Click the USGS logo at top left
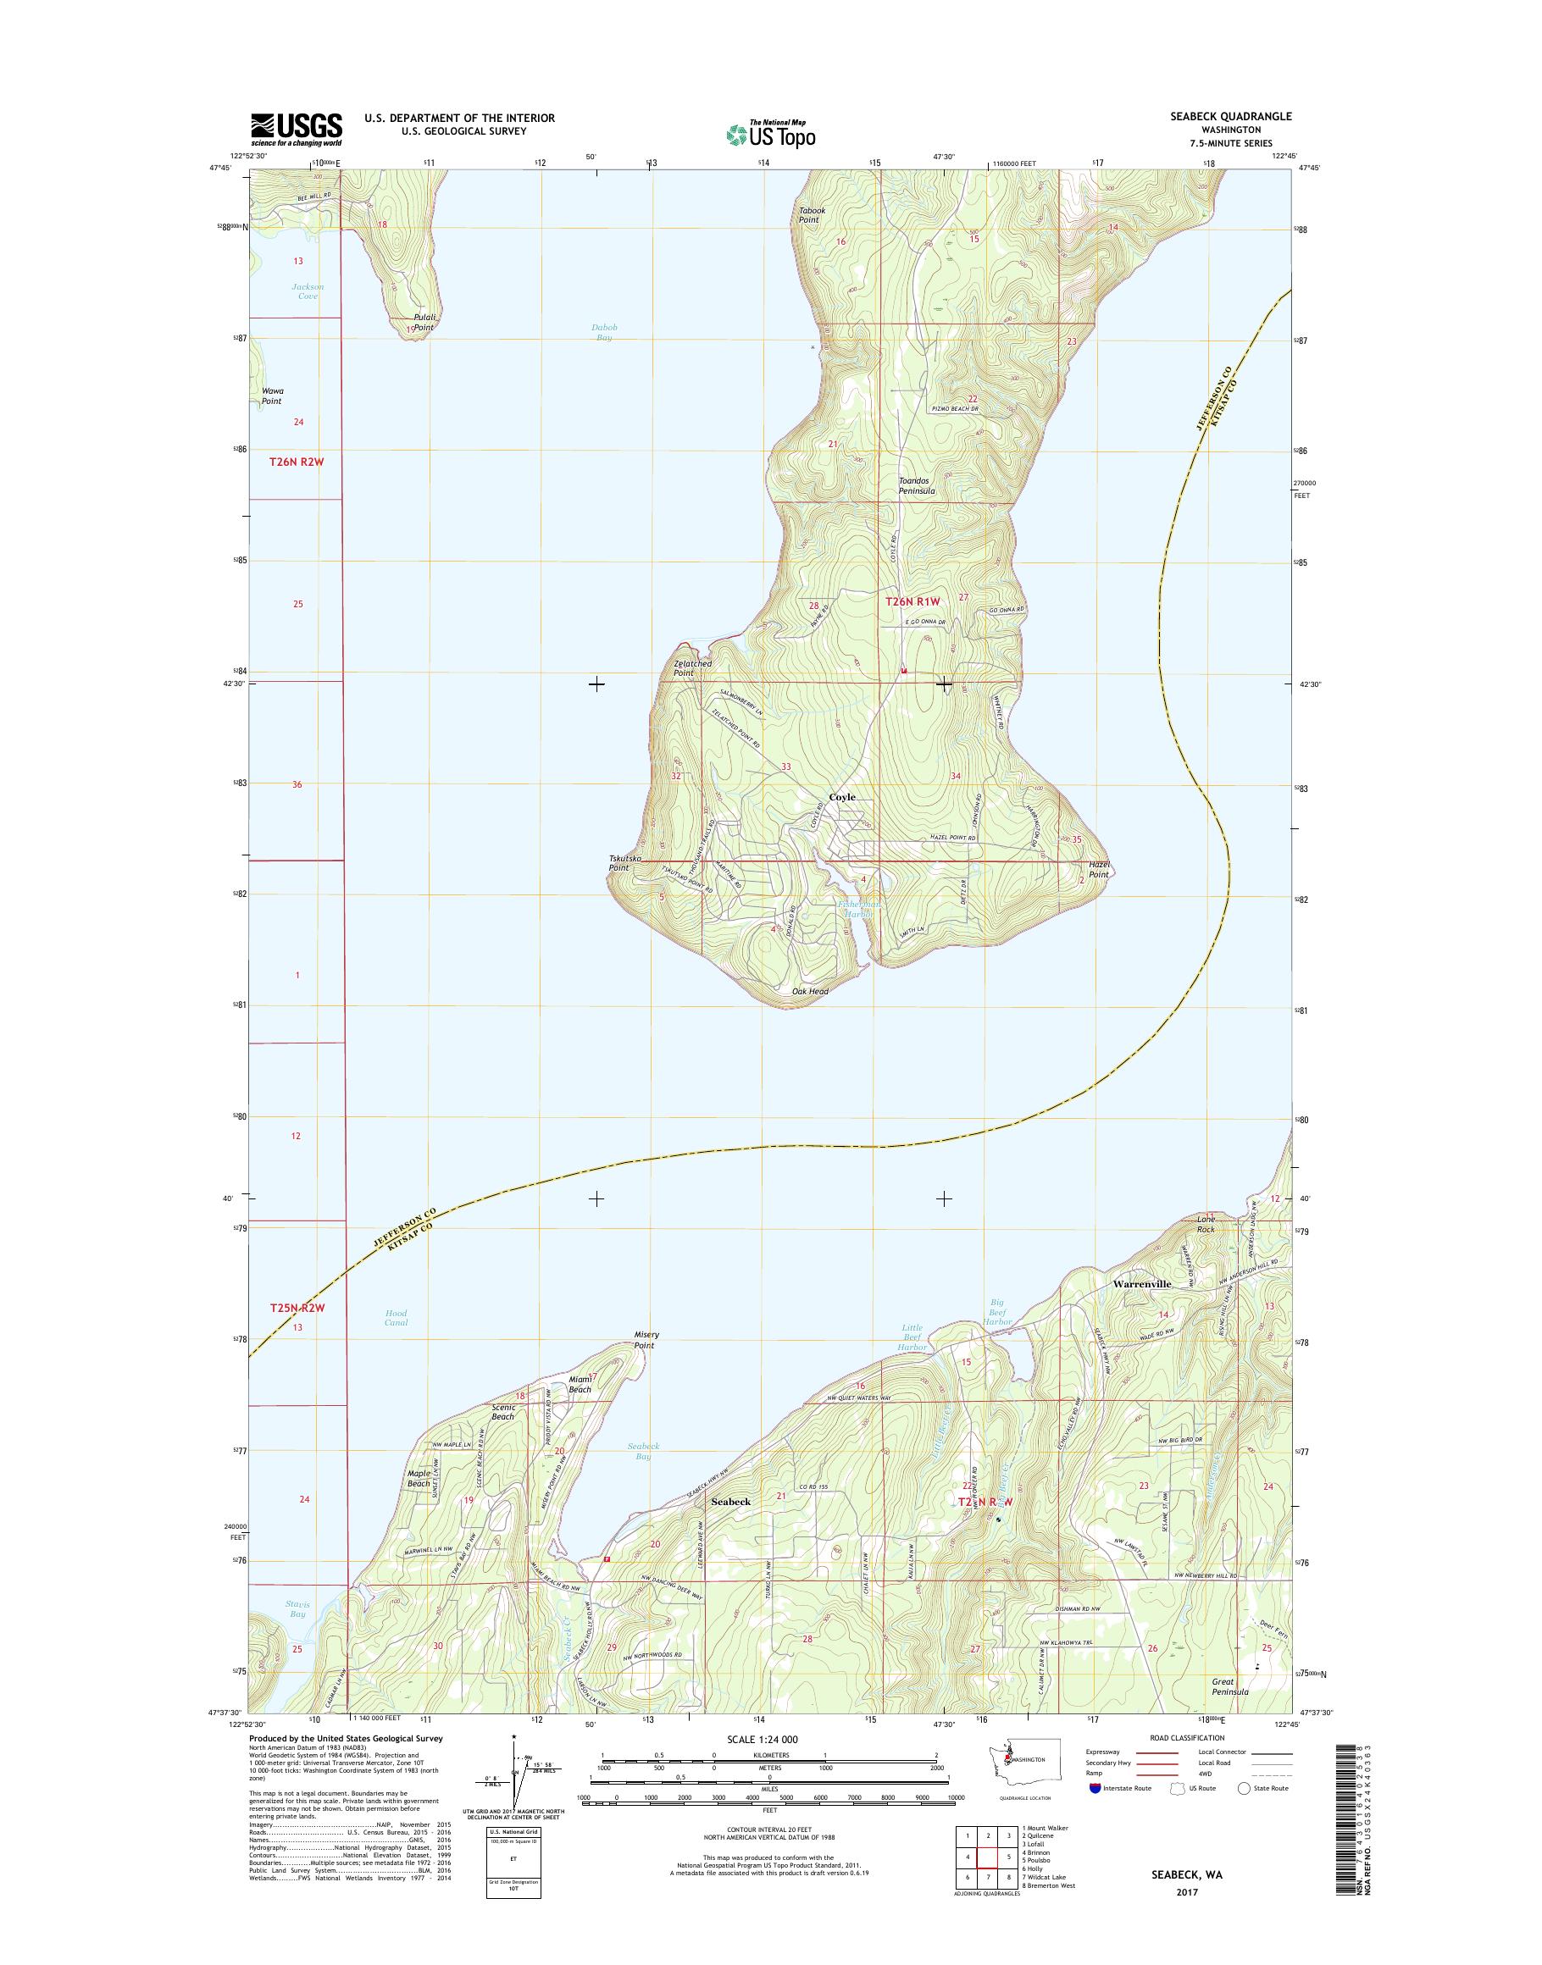pos(297,128)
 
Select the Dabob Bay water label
pos(604,332)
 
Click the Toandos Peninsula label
pos(917,486)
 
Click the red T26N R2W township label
pos(297,462)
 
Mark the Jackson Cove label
pos(307,291)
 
